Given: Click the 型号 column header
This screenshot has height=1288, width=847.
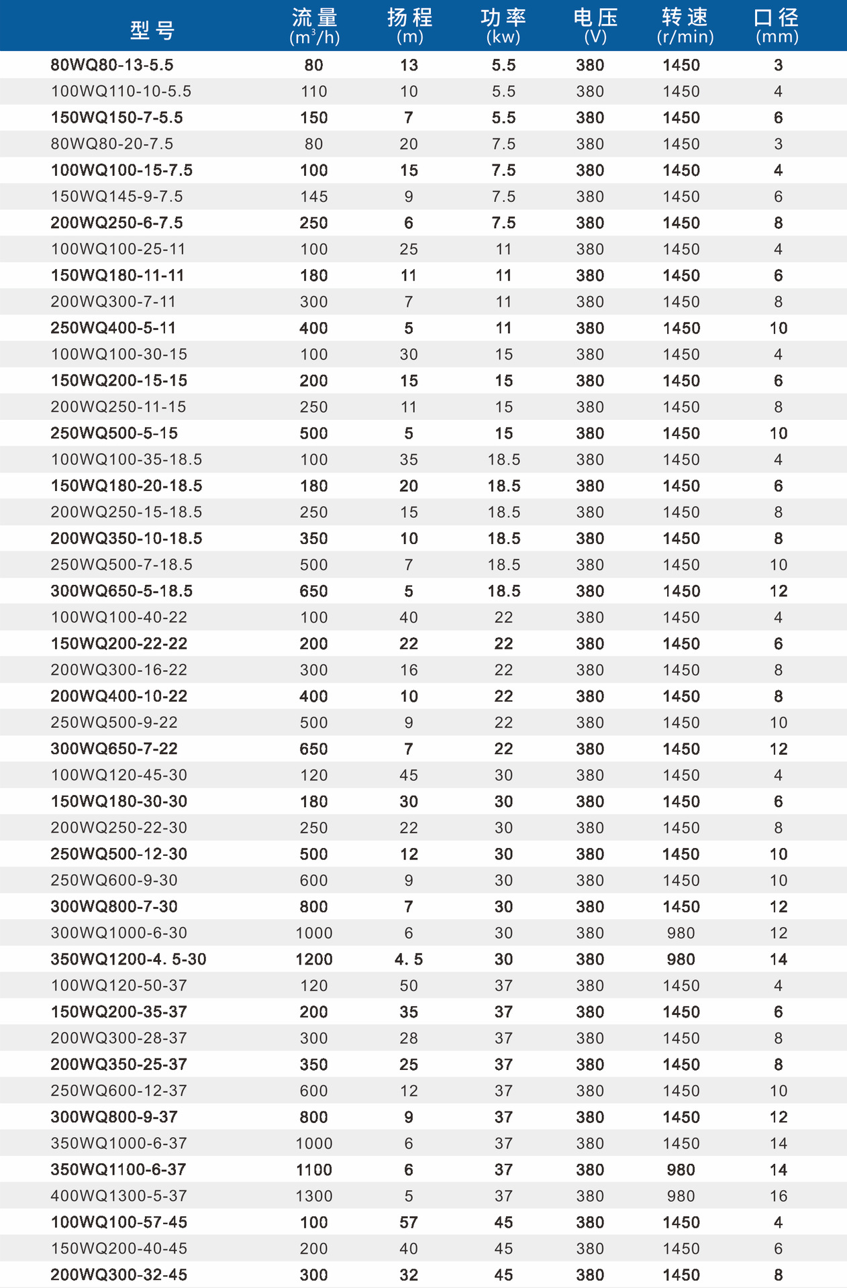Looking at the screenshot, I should coord(152,30).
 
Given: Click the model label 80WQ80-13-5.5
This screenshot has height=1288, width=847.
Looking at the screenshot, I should coord(112,65).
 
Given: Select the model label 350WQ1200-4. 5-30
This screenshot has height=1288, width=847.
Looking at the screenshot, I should coord(128,959).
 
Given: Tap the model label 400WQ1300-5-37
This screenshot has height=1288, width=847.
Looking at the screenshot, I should coord(119,1196).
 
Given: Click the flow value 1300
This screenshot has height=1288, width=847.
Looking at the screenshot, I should coord(314,1196).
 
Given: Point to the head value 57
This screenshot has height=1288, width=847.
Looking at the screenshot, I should coord(409,1222).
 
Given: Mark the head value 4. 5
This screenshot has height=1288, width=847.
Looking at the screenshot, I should coord(409,959).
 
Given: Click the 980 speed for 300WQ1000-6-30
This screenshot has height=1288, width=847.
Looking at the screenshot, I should coord(681,933).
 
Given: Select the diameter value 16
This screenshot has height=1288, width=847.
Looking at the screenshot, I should coord(779,1196).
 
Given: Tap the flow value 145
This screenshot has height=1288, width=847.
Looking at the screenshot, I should coord(314,197).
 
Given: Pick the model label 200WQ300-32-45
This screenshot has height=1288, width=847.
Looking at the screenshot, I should coord(119,1275).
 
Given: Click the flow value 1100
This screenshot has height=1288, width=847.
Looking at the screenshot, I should coord(314,1170).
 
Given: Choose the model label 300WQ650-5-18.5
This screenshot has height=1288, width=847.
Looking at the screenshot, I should coord(121,591).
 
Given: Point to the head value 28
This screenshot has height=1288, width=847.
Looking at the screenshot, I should coord(409,1038).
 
